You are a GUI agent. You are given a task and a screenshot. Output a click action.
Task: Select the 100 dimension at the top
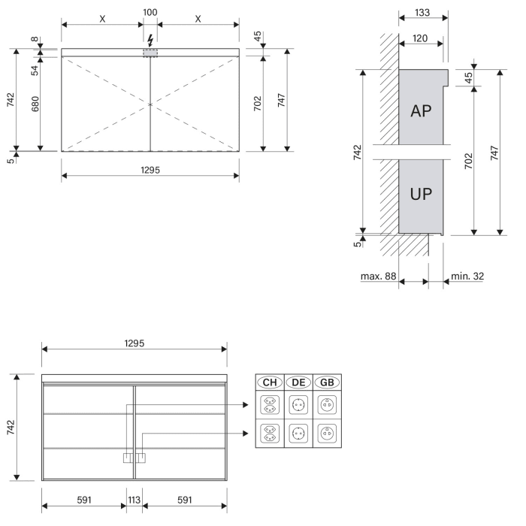tap(150, 13)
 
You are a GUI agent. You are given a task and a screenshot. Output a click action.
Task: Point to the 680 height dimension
tap(35, 104)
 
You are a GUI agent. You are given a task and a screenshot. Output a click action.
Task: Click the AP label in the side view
tap(421, 111)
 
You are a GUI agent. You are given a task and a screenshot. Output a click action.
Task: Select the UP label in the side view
tap(421, 193)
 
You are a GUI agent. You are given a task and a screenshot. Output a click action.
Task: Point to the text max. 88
tap(378, 277)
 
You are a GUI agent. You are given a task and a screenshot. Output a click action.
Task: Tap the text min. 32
tap(467, 277)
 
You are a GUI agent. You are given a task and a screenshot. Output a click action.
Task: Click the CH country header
tap(270, 382)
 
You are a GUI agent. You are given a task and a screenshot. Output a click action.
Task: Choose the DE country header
tap(298, 382)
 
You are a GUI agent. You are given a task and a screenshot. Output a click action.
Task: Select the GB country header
tap(326, 382)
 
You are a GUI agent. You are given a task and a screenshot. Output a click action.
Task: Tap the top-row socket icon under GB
tap(326, 406)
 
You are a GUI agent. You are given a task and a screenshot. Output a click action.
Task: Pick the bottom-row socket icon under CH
tap(270, 434)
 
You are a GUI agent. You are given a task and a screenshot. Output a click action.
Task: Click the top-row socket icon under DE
tap(298, 406)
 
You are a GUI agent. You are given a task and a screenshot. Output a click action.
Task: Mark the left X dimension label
tap(102, 19)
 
